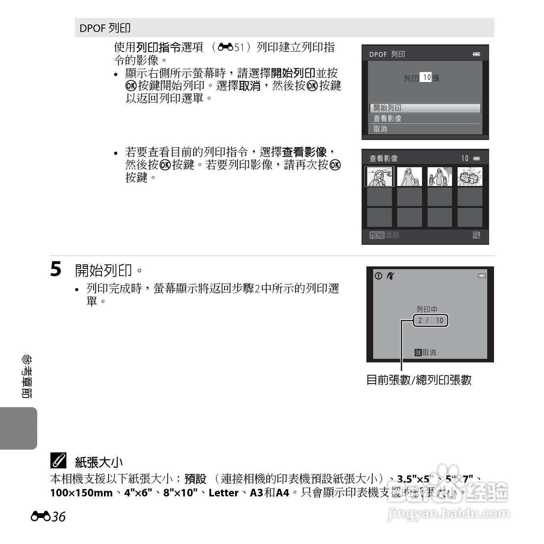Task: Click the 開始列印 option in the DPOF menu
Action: coord(425,108)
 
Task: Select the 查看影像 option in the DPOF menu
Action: coord(425,119)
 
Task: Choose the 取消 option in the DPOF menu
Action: coord(425,129)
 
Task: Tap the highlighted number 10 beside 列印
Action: coord(426,78)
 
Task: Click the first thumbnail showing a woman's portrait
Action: coord(379,176)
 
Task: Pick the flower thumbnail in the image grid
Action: coord(470,176)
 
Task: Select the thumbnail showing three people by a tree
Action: coord(440,176)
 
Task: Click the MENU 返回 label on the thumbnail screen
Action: coord(384,235)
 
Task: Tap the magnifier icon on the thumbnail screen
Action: coord(476,235)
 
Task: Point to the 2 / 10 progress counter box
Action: coord(430,320)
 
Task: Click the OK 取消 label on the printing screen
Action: coord(425,352)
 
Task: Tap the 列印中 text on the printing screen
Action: coord(427,309)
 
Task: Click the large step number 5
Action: coord(56,269)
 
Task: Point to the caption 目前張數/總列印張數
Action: coord(419,380)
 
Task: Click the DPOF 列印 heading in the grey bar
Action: coord(105,28)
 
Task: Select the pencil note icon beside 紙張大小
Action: coord(58,461)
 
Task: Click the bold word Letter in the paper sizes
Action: coord(224,492)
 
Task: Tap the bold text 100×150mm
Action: coord(81,492)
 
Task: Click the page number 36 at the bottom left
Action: coord(58,517)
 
